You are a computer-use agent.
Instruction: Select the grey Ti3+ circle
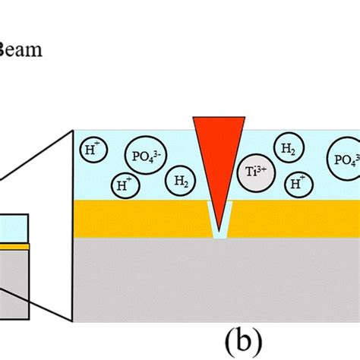click(x=251, y=170)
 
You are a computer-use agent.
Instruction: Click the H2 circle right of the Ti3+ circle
click(x=289, y=150)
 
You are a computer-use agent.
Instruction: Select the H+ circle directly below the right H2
click(x=296, y=183)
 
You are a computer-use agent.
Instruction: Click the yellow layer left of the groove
click(x=137, y=218)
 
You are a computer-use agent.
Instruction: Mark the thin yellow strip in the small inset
click(x=14, y=247)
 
